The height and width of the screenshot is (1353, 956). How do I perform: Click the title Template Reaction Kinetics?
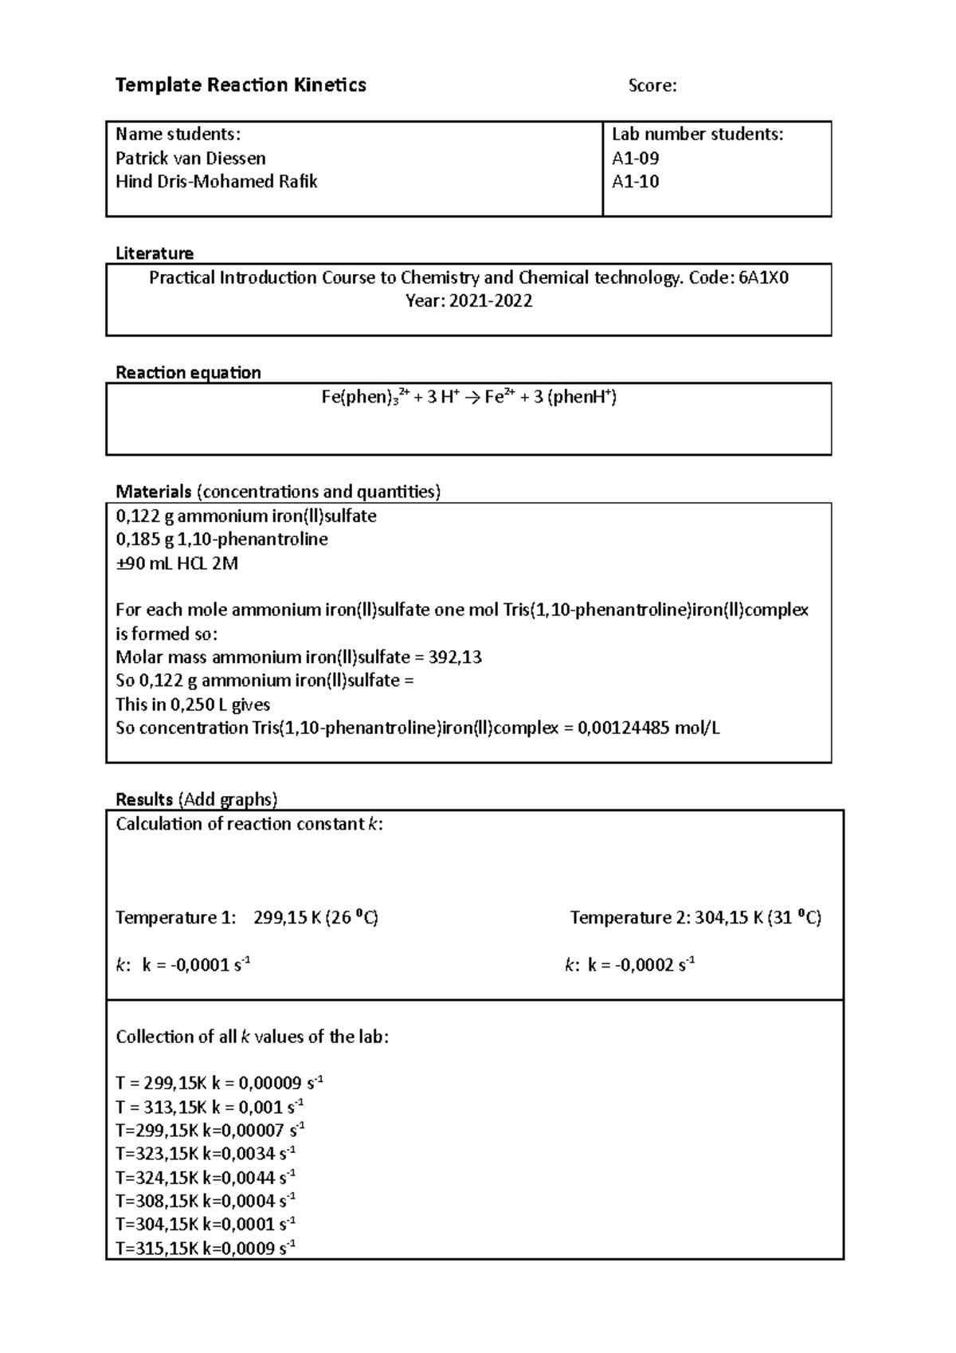(241, 85)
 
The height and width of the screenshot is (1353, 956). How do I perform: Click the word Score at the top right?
(651, 86)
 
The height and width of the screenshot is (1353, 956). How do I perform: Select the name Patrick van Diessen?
(190, 158)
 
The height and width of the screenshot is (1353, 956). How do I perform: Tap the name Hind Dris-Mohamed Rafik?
(216, 182)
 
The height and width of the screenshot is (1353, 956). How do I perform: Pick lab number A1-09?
(635, 158)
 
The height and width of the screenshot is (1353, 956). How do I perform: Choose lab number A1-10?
(635, 182)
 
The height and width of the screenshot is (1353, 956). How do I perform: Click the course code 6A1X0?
(762, 277)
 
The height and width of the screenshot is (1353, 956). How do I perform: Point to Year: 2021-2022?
(468, 301)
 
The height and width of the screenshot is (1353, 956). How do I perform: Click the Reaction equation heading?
(188, 372)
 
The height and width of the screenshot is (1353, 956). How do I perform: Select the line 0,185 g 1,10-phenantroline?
(221, 539)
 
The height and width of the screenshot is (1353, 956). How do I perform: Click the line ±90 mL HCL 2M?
(177, 563)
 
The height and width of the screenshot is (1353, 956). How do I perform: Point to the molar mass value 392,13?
(455, 657)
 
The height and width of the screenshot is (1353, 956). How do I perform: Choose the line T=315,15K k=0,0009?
(206, 1249)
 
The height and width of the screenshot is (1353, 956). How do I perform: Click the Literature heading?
(155, 253)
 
